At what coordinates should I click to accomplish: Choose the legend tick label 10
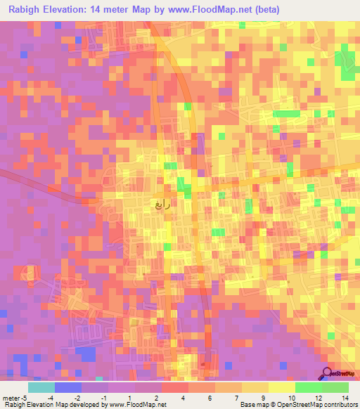point(291,397)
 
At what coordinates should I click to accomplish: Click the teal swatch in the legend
point(41,387)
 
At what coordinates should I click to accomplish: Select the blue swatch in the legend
point(68,387)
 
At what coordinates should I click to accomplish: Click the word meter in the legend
point(9,397)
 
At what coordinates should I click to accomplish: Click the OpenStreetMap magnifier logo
point(326,374)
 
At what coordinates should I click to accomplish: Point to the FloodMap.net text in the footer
point(144,405)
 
